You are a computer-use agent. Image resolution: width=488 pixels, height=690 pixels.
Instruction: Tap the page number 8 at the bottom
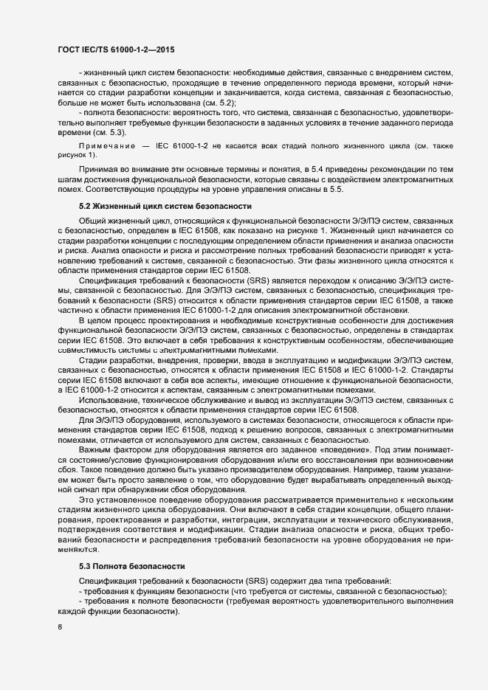pos(60,629)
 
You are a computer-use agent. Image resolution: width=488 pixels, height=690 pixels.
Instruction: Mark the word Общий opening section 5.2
pos(92,221)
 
